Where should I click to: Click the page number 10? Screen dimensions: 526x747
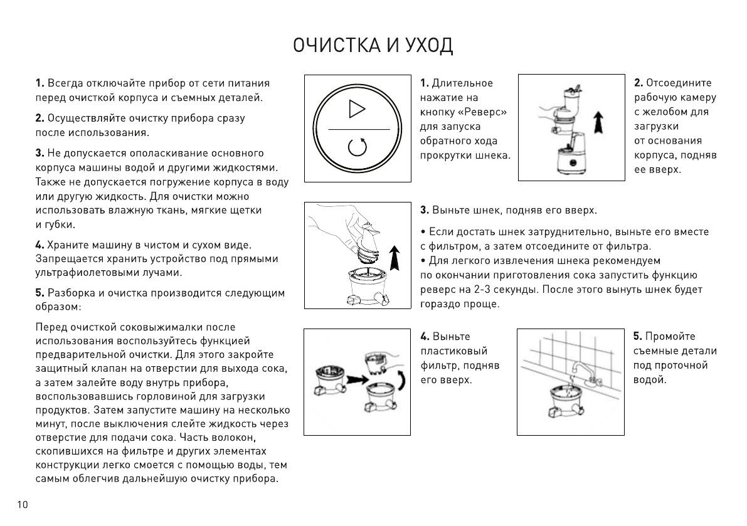pos(23,506)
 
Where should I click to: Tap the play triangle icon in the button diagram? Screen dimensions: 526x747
pos(357,108)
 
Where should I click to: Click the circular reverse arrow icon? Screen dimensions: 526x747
pos(357,148)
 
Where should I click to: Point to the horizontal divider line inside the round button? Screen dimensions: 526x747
pos(357,129)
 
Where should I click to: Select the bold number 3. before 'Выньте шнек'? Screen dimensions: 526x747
pos(424,209)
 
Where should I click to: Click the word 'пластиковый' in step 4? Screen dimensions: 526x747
pos(453,350)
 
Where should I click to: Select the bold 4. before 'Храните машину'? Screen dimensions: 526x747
pos(40,244)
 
